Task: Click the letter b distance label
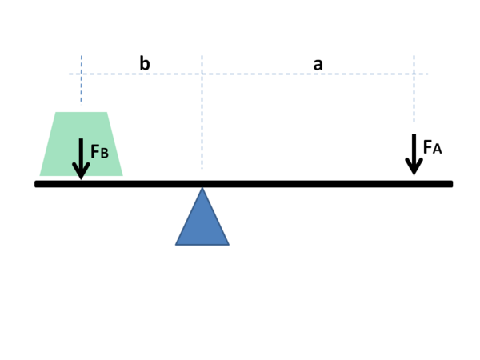click(x=145, y=63)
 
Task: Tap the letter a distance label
click(x=318, y=64)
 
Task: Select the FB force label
click(x=99, y=151)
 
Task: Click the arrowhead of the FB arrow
click(x=81, y=171)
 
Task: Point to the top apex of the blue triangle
click(x=202, y=189)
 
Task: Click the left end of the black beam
click(x=37, y=184)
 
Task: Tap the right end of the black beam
click(x=451, y=184)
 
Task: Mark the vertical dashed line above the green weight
click(x=81, y=84)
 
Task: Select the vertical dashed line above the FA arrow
click(x=414, y=92)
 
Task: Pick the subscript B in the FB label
click(x=104, y=153)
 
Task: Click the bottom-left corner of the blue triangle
click(x=177, y=243)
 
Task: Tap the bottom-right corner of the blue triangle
click(x=229, y=243)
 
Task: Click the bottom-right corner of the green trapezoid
click(x=122, y=175)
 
